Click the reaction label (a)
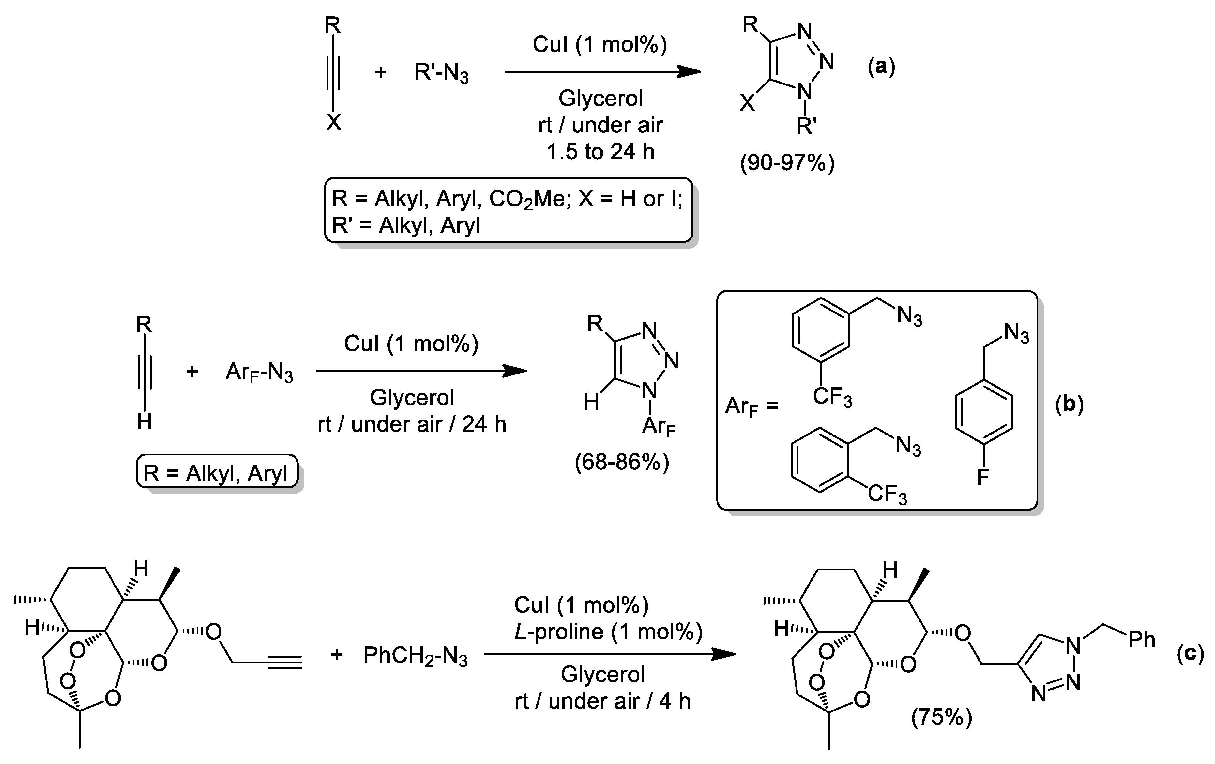(x=881, y=66)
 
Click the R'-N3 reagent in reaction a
(x=442, y=73)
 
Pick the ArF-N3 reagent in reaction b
(x=259, y=373)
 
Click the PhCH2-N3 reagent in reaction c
(x=415, y=655)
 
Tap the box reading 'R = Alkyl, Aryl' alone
(x=217, y=473)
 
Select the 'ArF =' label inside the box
(x=751, y=406)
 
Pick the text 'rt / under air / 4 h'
(x=602, y=701)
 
